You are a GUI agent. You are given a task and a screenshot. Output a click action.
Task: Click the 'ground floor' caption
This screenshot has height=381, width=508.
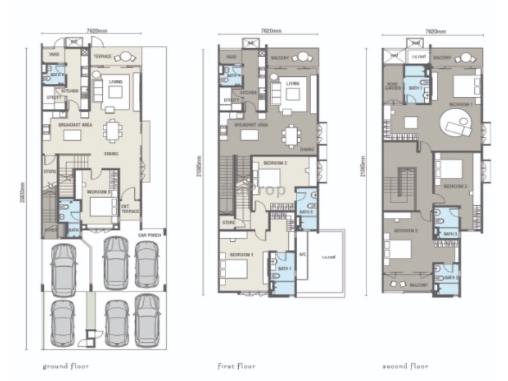[65, 366]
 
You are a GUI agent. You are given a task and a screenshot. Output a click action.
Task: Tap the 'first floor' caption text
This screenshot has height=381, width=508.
[236, 366]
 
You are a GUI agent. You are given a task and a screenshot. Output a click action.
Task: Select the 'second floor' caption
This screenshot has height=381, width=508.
[405, 366]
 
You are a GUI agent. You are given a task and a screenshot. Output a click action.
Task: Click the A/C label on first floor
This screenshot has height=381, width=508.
[303, 253]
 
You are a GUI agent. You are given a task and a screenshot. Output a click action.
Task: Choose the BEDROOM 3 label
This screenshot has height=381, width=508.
[455, 186]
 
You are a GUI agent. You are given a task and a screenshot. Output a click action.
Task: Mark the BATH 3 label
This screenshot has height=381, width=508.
[450, 234]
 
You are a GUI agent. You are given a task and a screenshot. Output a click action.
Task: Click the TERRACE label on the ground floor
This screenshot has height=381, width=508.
[103, 57]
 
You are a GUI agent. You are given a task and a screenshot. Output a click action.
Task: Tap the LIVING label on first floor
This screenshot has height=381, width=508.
[293, 83]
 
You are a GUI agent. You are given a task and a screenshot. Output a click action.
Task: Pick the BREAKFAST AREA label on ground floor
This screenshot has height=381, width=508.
[74, 125]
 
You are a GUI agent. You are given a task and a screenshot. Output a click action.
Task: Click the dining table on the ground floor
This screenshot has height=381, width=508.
[114, 131]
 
